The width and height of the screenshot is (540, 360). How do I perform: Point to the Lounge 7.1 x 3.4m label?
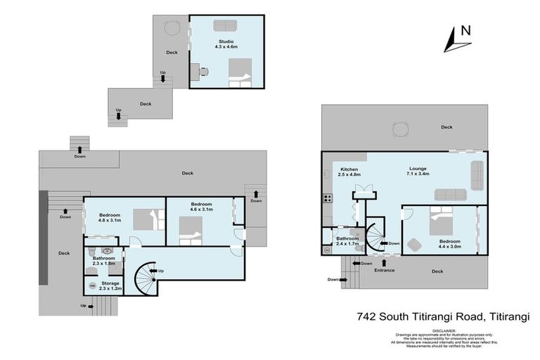coord(419,172)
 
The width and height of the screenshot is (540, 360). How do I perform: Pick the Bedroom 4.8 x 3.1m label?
coord(110,218)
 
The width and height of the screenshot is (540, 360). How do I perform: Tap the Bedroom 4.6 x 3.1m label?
coord(202,207)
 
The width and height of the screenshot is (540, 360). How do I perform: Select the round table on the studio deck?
coord(172,28)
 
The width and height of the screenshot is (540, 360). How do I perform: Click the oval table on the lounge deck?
coord(400,129)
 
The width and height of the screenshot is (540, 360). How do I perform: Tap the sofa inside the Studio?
coord(225,25)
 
